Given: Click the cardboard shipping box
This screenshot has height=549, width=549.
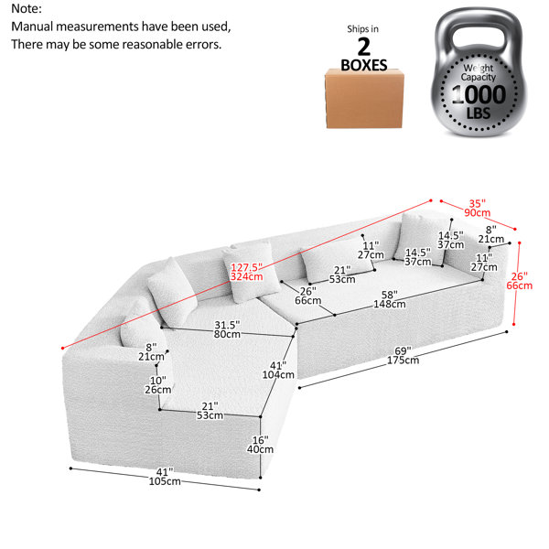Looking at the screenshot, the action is point(364,99).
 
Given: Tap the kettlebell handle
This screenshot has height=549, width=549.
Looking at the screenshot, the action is point(478,28).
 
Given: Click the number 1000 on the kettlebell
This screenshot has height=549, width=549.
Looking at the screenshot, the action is point(479,94).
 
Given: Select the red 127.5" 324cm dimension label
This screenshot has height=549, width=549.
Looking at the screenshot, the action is point(246,272).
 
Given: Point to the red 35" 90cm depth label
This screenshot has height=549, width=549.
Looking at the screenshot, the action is point(478,208).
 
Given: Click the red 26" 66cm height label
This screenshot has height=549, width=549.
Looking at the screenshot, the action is point(519,281).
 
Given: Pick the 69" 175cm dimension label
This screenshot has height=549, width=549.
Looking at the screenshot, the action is point(403,355).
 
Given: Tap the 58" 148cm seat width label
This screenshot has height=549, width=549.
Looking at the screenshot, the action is point(390,299).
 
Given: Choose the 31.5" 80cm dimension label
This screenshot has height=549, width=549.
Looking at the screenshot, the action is point(227,329).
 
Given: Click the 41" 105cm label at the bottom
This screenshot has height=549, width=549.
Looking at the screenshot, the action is point(165,477).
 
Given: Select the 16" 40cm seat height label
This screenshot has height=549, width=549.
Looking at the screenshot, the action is point(260,445).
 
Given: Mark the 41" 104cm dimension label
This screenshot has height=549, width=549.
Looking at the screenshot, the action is point(278,370).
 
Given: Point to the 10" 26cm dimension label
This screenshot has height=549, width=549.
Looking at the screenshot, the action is point(158,385).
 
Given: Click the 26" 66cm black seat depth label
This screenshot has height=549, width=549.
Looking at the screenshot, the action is point(307,296).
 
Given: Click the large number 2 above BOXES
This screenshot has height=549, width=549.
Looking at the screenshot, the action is point(364,47).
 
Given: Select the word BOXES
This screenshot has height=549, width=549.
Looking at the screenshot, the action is point(364,65).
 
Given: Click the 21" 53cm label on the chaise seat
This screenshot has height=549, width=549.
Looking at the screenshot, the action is point(210,411).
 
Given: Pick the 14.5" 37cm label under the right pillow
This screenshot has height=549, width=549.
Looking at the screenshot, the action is point(418,257).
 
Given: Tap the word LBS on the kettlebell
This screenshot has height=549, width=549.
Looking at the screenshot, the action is point(479,113).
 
